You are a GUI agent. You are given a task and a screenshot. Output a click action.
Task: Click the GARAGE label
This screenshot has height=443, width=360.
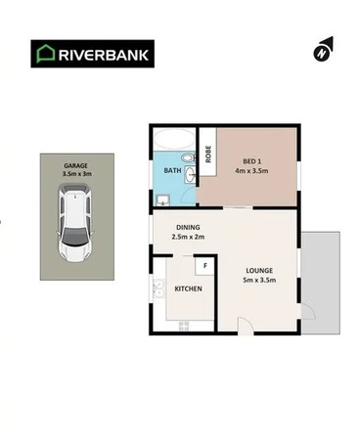(75, 167)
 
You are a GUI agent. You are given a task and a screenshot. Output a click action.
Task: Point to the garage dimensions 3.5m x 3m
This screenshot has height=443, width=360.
(75, 177)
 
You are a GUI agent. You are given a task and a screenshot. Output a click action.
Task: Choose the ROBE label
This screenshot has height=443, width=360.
(208, 154)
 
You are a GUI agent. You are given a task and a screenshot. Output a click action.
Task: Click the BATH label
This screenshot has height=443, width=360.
(172, 170)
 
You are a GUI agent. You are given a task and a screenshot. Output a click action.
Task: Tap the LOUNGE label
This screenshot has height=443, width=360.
(259, 270)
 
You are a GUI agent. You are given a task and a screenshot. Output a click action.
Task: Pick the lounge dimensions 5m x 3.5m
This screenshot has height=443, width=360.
(259, 281)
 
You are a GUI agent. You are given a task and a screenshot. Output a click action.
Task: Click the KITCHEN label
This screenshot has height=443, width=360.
(188, 289)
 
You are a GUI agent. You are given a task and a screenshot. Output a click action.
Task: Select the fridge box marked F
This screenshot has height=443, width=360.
(205, 265)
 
